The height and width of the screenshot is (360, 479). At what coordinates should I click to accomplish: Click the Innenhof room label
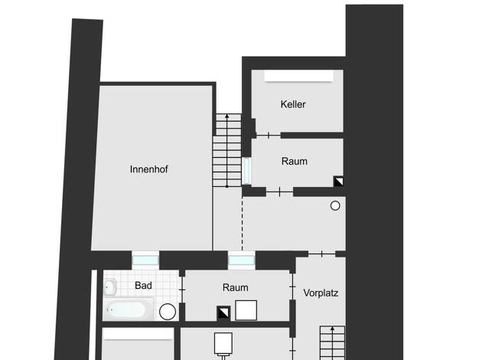(x=148, y=169)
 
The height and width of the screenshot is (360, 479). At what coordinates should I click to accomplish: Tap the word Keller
(x=293, y=104)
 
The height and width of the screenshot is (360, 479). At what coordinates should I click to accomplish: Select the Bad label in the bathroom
(x=143, y=286)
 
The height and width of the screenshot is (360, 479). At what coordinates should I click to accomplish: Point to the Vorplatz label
(x=321, y=293)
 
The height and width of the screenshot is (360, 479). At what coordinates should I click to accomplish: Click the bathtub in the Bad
(x=127, y=309)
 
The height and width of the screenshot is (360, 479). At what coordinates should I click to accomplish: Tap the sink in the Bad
(x=110, y=287)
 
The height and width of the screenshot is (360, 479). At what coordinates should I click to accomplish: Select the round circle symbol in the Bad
(x=168, y=312)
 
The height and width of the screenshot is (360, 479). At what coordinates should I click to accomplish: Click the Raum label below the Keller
(x=294, y=161)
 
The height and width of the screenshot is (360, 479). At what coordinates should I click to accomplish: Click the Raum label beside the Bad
(x=235, y=287)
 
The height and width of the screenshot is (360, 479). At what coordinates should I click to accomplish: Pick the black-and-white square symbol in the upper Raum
(x=338, y=182)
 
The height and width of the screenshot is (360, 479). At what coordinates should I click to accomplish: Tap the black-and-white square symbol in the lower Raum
(x=223, y=313)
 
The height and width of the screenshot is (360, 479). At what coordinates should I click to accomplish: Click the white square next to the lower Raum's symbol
(x=246, y=310)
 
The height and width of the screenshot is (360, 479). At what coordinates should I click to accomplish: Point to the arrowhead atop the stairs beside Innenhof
(x=227, y=116)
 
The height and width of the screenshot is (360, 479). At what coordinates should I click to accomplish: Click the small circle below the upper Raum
(x=335, y=206)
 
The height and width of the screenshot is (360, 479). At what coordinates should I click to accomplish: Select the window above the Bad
(x=145, y=260)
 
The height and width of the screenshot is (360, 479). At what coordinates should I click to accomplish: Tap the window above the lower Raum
(x=242, y=260)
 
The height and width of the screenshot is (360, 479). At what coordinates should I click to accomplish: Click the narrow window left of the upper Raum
(x=246, y=171)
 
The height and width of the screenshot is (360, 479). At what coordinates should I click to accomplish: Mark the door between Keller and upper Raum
(x=269, y=135)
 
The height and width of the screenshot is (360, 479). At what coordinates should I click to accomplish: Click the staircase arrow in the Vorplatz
(x=332, y=343)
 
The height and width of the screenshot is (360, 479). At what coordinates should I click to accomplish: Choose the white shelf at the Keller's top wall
(x=298, y=76)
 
